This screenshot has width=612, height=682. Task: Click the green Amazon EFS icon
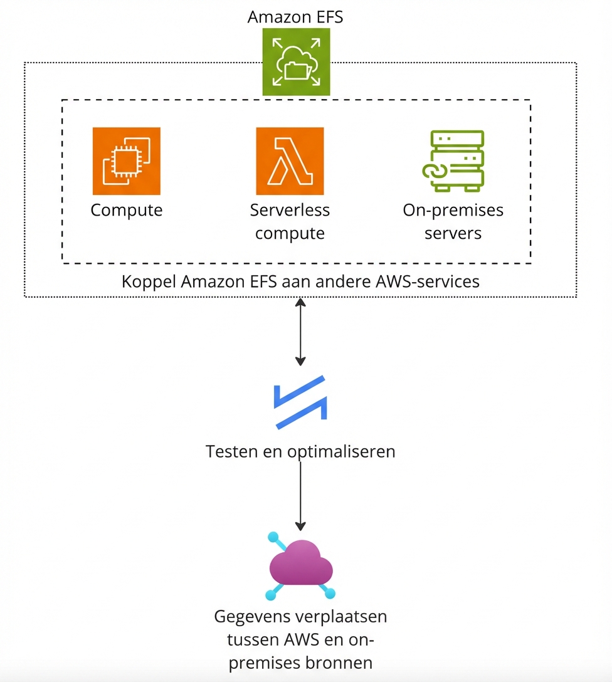click(295, 63)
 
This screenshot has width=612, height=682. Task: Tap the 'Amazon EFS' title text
click(295, 17)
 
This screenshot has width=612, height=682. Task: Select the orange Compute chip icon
click(126, 161)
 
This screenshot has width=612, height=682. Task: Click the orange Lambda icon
click(290, 161)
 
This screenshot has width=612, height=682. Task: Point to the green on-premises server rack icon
click(453, 161)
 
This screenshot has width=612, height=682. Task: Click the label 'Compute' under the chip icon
click(126, 210)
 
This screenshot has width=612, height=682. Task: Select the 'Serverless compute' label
click(290, 221)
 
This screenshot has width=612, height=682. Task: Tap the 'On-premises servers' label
click(453, 221)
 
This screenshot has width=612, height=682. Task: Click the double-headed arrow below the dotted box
click(300, 332)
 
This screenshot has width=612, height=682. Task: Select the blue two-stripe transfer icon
click(300, 402)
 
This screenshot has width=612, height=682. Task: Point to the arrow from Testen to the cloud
click(300, 495)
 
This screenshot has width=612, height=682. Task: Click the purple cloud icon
click(300, 567)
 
